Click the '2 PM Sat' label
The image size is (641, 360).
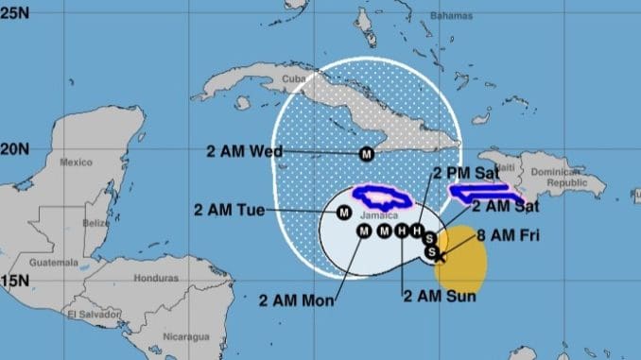tap(466, 173)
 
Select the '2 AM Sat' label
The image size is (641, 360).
tap(503, 205)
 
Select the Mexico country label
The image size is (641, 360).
tap(76, 162)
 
